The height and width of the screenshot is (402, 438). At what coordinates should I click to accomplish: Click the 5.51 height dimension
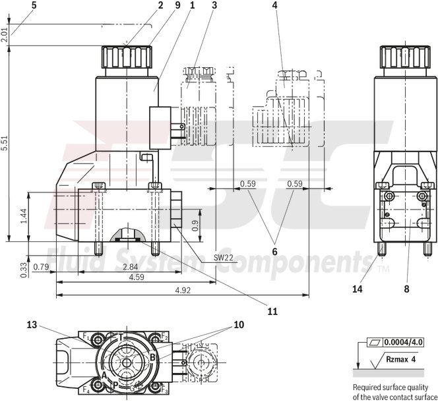(5, 145)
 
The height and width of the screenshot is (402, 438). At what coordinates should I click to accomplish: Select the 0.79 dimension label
(41, 266)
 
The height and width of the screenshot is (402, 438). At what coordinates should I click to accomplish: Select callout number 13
(32, 324)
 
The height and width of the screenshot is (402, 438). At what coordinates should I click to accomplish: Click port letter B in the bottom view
(152, 358)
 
